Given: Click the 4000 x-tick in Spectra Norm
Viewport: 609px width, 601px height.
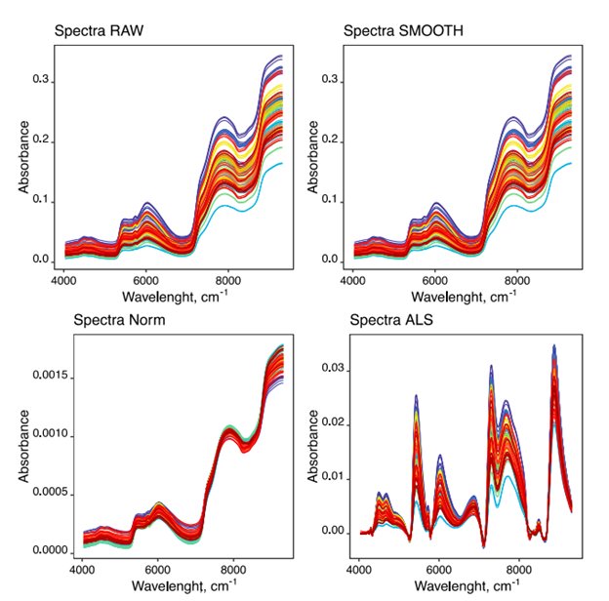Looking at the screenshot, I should [x=82, y=569].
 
